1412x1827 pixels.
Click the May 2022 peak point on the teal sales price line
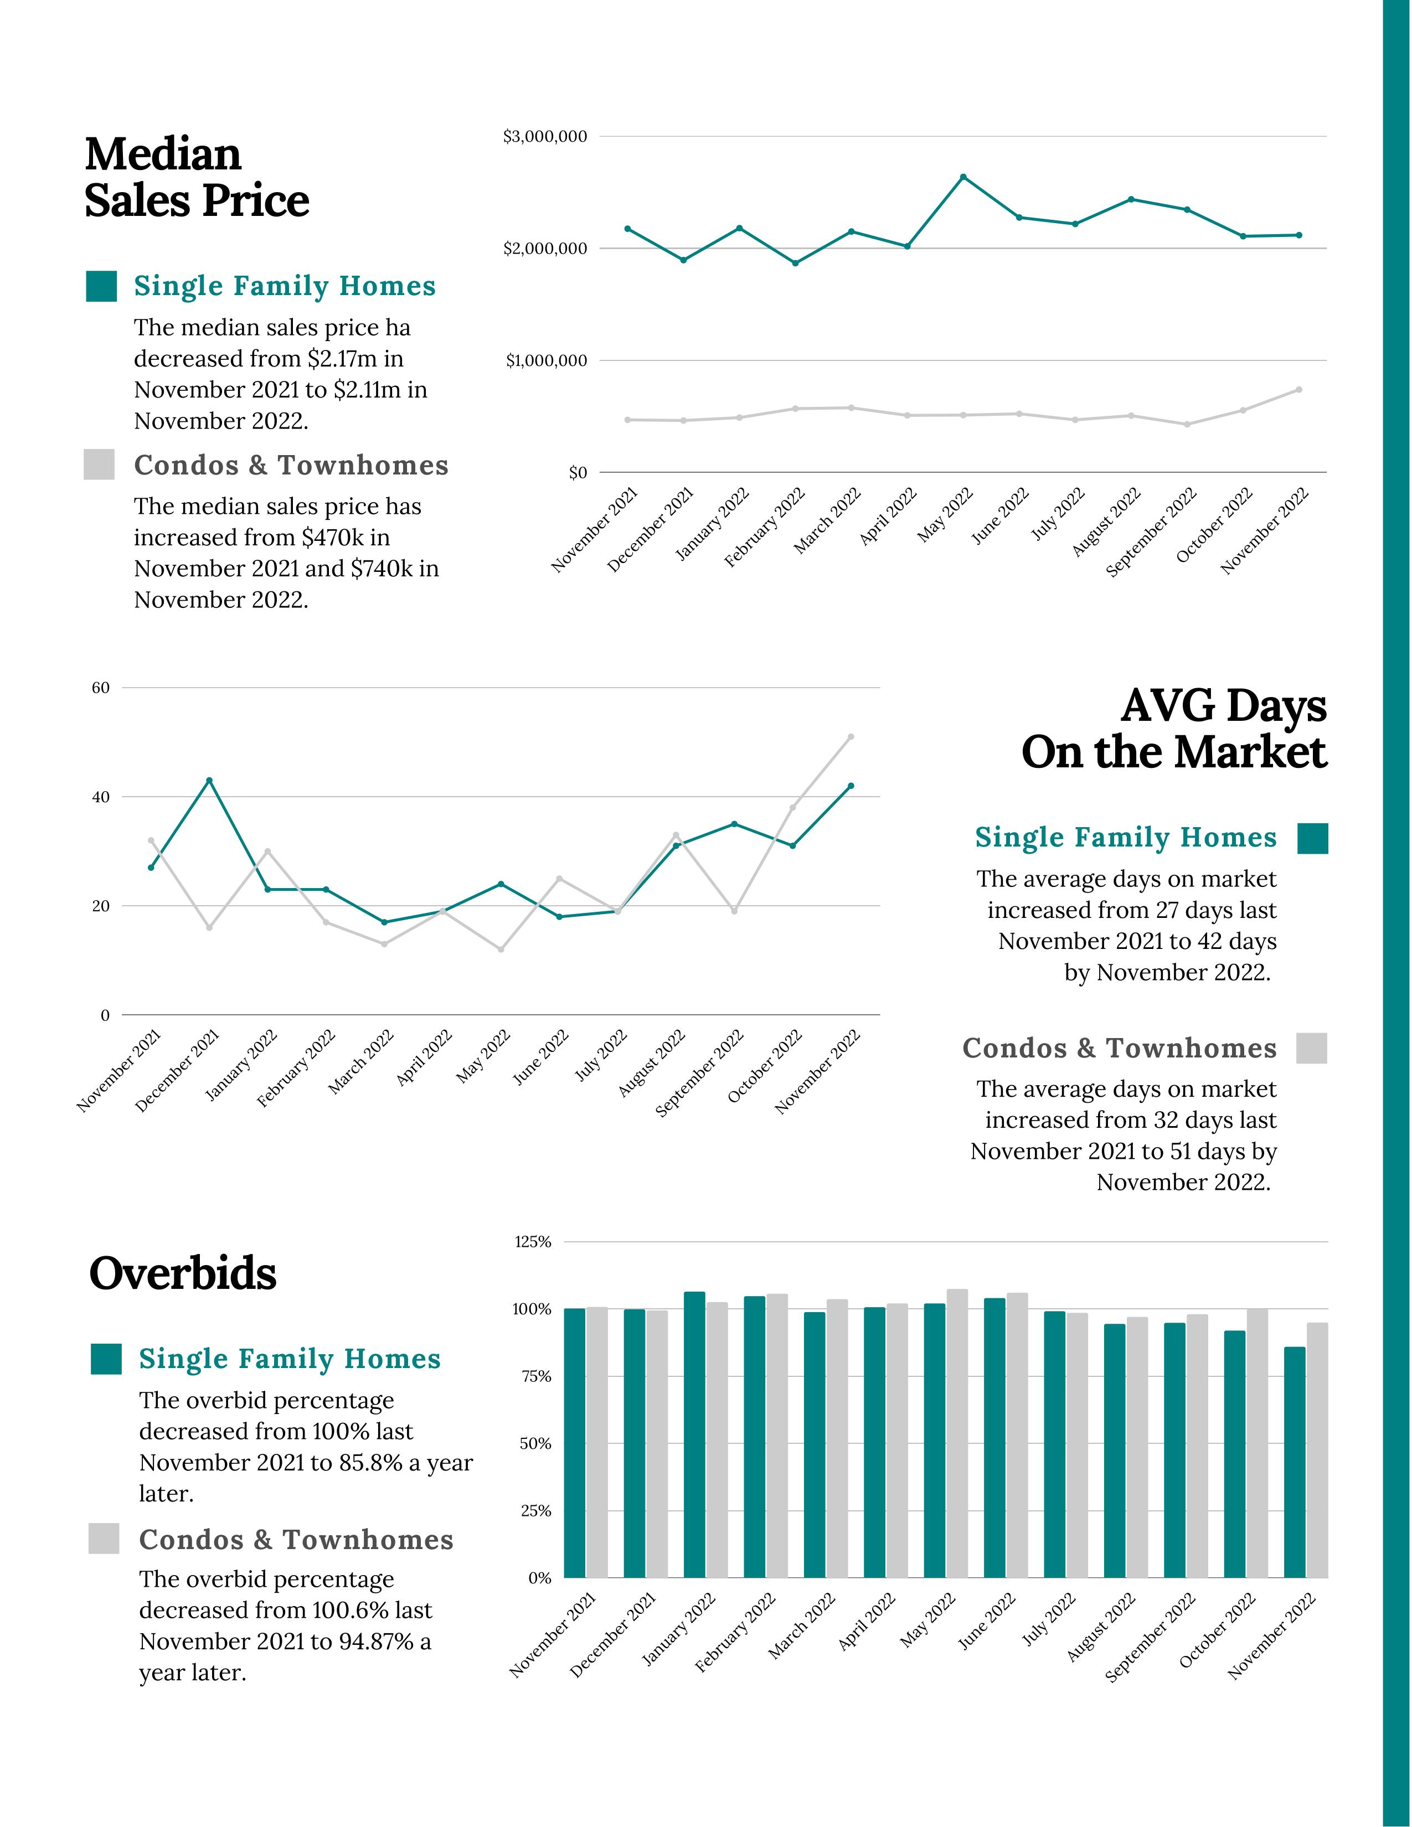[x=963, y=177]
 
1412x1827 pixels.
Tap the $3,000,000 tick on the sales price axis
[x=544, y=136]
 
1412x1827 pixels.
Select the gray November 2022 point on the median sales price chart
[x=1298, y=390]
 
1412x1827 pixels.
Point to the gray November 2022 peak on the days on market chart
[x=851, y=737]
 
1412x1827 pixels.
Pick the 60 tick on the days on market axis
[x=100, y=688]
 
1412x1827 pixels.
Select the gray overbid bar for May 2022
[x=957, y=1434]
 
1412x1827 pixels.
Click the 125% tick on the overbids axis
[x=533, y=1242]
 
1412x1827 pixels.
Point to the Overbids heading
[x=182, y=1274]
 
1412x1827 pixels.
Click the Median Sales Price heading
[x=197, y=177]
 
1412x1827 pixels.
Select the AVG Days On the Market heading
[x=1173, y=729]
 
